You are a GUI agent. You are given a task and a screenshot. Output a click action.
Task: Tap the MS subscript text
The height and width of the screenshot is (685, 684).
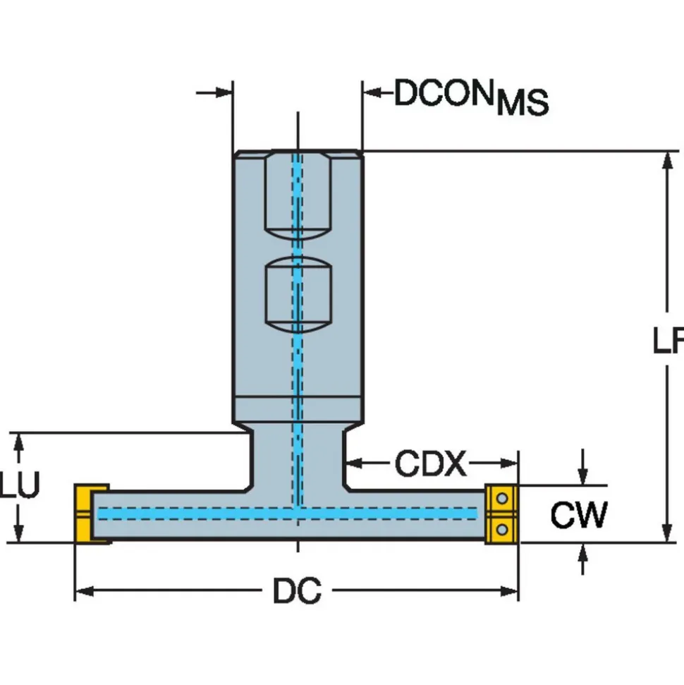(x=523, y=103)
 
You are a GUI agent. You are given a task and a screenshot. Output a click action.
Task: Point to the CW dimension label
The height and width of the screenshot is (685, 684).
(x=579, y=515)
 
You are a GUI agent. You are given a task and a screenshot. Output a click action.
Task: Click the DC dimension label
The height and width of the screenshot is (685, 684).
(x=298, y=590)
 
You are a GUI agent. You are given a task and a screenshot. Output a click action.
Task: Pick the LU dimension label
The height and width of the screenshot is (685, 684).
(x=20, y=485)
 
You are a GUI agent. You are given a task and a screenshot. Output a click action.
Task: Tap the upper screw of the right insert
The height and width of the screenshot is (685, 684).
(x=502, y=498)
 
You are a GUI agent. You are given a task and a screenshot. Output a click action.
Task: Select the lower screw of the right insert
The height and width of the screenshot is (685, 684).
(x=502, y=530)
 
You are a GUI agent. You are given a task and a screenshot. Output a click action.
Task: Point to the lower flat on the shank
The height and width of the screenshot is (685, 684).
(x=298, y=295)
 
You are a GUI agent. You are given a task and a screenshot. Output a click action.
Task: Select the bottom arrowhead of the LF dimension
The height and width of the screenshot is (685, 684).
(x=667, y=533)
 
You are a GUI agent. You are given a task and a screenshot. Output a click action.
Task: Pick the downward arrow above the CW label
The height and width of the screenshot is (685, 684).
(x=582, y=467)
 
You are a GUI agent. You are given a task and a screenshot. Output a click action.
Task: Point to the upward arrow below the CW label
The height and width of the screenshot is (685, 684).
(x=582, y=559)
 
